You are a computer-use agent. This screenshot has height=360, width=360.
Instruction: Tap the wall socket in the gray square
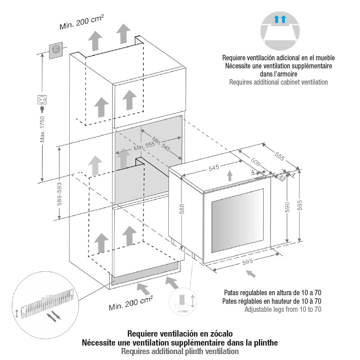click(56, 49)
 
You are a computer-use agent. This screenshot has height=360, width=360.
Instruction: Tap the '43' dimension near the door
click(282, 178)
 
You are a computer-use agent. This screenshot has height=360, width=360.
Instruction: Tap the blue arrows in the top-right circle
click(280, 19)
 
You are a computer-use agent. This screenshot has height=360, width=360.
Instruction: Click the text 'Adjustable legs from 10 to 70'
click(283, 310)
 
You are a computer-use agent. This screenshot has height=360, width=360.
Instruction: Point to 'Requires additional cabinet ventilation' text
click(278, 82)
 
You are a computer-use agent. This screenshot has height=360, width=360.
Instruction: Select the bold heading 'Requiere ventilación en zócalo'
click(180, 334)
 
